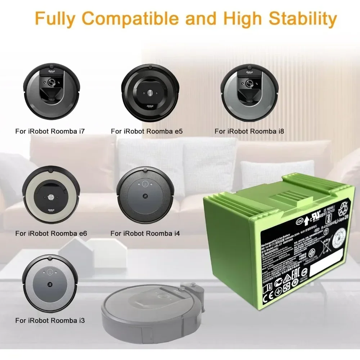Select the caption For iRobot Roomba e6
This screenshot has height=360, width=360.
pyautogui.click(x=51, y=234)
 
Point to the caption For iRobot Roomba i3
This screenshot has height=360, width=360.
pyautogui.click(x=50, y=320)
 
